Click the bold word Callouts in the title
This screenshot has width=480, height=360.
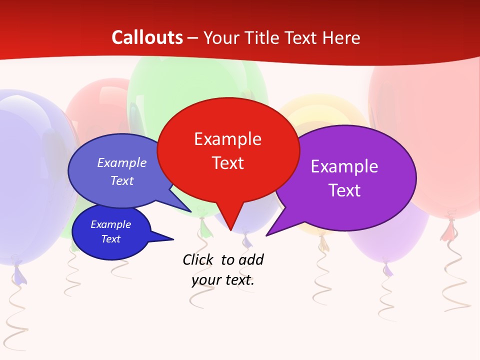point(147,37)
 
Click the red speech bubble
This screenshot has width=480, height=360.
point(228,150)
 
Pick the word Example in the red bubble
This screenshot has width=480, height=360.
point(228,139)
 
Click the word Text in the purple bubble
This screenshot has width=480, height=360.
point(345,190)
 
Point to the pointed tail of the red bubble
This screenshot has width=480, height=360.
point(230,225)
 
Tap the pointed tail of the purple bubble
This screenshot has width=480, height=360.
point(272,231)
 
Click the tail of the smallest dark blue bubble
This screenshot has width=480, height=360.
point(167,238)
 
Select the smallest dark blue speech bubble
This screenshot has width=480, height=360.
point(111,232)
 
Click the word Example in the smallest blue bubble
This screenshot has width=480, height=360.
point(111,224)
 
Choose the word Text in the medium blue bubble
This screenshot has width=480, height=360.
point(122,181)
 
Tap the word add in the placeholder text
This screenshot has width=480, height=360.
point(251,259)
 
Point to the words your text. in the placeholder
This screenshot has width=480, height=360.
point(223,280)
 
